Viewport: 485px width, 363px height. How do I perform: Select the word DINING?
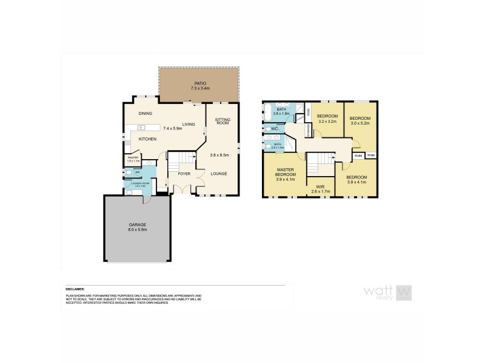click(145, 113)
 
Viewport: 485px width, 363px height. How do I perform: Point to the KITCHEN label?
click(147, 139)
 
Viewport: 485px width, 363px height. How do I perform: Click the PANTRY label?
click(133, 158)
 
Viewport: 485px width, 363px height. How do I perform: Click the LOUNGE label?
click(219, 174)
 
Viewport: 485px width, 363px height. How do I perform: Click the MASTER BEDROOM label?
click(285, 173)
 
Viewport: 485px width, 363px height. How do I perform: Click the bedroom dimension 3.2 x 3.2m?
click(327, 121)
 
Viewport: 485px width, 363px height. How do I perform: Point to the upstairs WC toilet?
click(268, 128)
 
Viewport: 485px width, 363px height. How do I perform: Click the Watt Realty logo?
click(387, 292)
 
